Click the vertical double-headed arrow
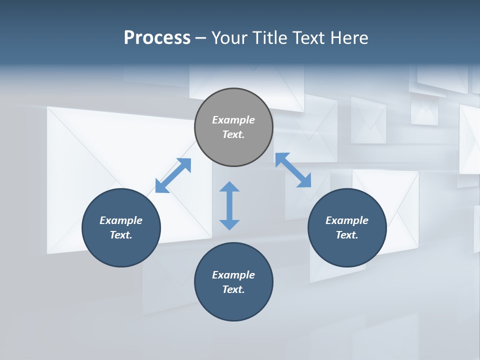pos(229,205)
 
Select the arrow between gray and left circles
pos(173,175)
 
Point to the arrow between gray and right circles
pos(293,170)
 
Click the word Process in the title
pos(157,37)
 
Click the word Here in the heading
pos(350,37)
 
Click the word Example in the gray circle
pos(233,120)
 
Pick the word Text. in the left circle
pos(121,235)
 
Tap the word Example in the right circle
pos(347,220)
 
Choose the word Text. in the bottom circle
pos(233,289)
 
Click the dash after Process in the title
pos(200,38)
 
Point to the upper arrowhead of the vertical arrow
pos(229,187)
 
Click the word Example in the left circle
pos(121,220)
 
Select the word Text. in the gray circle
pos(233,134)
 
